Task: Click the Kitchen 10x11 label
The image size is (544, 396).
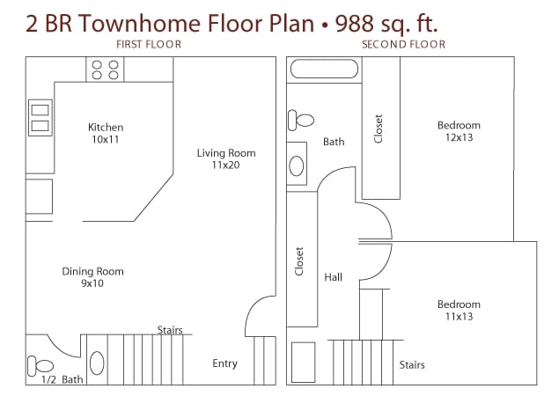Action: [x=106, y=133]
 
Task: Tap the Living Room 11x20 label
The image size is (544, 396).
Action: [x=225, y=158]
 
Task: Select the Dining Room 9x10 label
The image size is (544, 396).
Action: [x=92, y=277]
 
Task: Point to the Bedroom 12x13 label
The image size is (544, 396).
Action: [x=459, y=131]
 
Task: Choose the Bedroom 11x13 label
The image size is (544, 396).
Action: [x=459, y=311]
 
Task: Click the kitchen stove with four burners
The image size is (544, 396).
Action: [x=106, y=70]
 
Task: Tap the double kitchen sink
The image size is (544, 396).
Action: [x=40, y=118]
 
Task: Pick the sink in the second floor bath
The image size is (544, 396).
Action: [x=298, y=165]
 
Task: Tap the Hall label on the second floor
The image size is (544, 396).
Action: [x=333, y=277]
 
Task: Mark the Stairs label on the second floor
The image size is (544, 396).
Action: [x=412, y=364]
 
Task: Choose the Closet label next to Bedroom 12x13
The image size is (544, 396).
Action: [x=379, y=129]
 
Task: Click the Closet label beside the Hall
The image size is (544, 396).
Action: [x=299, y=260]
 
